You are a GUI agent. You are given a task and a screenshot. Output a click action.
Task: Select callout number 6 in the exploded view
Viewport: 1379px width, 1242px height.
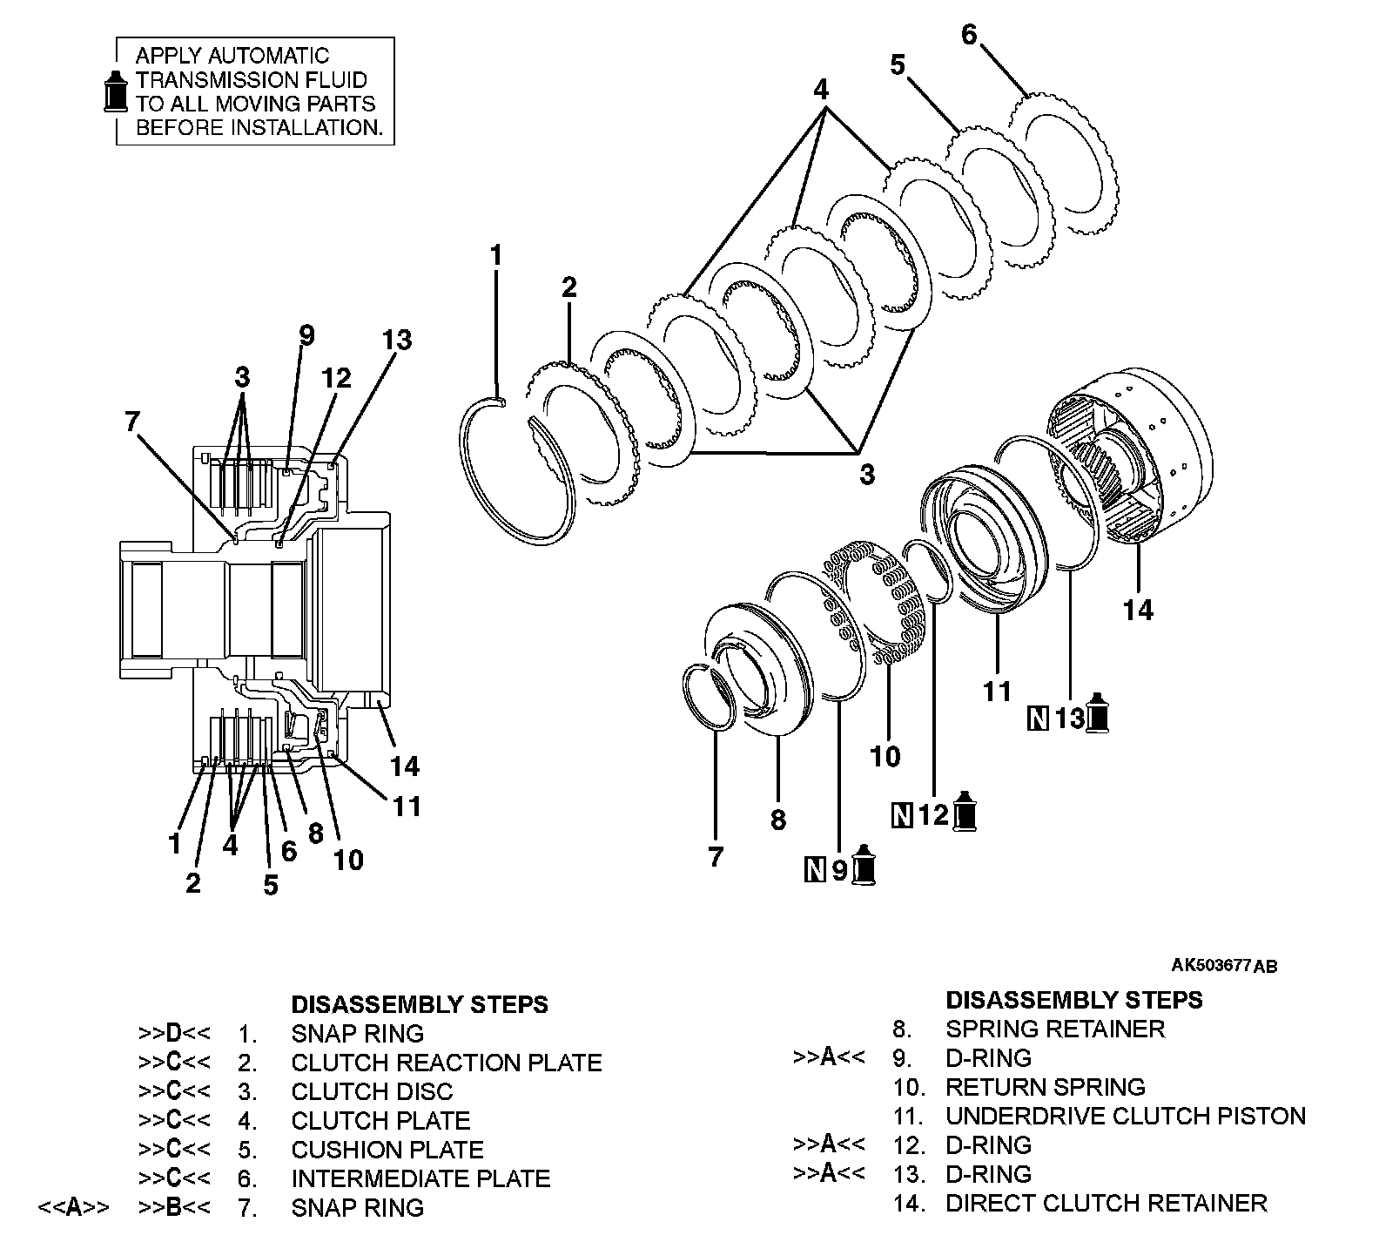[969, 35]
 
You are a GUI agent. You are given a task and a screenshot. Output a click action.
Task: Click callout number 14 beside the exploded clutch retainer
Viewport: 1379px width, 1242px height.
[1137, 610]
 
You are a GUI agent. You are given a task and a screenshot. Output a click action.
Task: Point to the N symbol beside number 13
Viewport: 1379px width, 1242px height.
[1037, 719]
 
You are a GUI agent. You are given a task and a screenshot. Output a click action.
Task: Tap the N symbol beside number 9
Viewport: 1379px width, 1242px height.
[815, 869]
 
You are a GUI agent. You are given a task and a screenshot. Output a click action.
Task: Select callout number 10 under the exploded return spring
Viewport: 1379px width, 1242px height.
[885, 756]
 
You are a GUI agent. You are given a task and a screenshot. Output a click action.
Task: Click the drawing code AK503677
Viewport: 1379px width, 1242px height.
[1211, 965]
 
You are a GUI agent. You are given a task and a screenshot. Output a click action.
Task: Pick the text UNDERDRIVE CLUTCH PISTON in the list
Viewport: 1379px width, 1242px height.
[1125, 1116]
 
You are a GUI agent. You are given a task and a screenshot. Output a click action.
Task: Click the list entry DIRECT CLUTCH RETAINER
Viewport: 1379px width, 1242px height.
[1106, 1203]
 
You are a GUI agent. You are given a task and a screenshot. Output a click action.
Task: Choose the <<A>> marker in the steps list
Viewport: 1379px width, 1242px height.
[74, 1207]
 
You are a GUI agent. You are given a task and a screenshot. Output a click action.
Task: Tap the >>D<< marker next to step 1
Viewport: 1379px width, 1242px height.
[174, 1034]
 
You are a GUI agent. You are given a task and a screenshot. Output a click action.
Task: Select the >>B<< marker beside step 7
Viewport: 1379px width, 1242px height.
[174, 1207]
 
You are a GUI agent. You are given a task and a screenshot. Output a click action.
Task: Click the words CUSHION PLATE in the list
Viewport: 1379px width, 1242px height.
[387, 1150]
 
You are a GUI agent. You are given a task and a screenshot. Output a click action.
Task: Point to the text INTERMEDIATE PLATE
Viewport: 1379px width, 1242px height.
[420, 1178]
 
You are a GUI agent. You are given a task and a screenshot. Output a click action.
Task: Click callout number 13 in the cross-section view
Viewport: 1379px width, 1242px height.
[397, 340]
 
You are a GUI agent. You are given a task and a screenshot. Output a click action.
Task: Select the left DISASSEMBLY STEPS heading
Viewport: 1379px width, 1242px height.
[420, 1004]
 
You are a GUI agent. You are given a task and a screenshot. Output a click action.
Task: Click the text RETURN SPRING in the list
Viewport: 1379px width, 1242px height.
[1045, 1087]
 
